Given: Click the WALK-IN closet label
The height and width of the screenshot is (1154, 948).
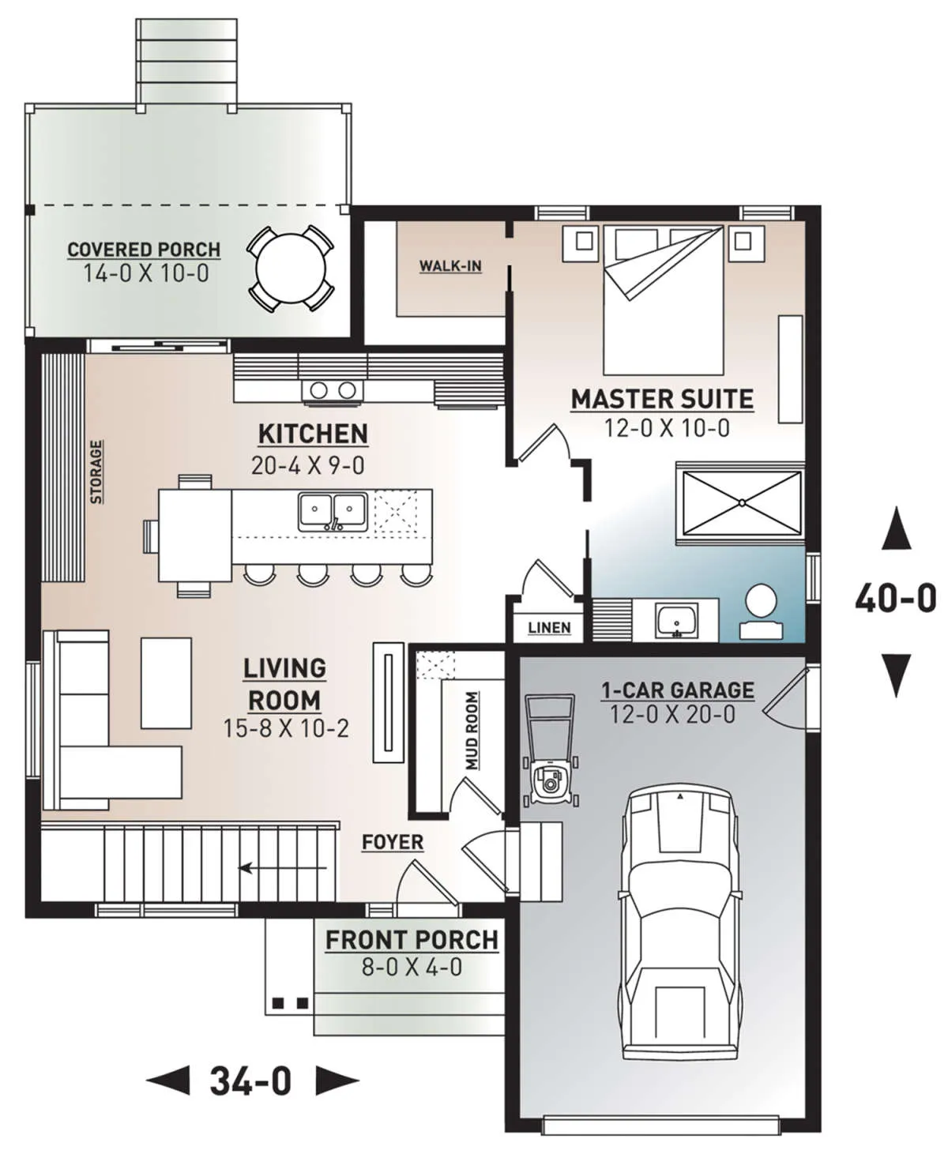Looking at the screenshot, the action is coord(450,266).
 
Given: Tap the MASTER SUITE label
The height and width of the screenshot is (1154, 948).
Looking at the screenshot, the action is coord(662,399).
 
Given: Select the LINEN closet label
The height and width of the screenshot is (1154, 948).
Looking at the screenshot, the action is coord(549,628).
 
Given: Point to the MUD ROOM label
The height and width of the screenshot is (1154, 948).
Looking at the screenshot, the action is coord(472,731).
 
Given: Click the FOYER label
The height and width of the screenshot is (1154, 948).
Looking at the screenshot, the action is coord(393,842).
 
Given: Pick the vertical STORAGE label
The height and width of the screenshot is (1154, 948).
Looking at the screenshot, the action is coord(96,472).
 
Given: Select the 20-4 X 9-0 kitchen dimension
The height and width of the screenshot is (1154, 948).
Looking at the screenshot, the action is coord(307,466).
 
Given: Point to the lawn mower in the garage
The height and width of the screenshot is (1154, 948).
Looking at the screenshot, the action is coord(551,750).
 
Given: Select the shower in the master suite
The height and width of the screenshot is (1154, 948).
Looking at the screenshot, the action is coord(741,503).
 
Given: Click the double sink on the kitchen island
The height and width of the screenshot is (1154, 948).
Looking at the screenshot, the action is coord(333,512).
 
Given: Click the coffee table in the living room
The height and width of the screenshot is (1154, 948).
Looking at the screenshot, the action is coord(167,683).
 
